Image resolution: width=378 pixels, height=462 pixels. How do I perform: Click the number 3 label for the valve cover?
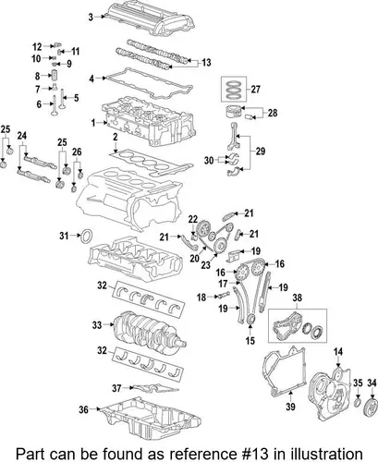[91, 18]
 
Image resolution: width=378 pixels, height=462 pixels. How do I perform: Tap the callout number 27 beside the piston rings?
[256, 90]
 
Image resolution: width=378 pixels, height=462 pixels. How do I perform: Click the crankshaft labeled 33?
[150, 331]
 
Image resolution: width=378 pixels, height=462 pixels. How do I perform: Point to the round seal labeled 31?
[86, 236]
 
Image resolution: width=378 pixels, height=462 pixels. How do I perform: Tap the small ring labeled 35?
[358, 402]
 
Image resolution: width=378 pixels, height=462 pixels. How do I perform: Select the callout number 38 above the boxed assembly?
[298, 298]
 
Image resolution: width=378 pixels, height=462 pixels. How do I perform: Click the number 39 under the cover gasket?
[290, 407]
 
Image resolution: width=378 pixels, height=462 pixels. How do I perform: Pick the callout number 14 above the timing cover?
[338, 351]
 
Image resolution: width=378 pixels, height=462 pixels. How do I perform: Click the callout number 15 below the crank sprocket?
[250, 340]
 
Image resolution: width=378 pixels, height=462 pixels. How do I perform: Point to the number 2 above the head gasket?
[115, 138]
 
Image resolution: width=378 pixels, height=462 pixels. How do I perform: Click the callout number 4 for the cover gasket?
[91, 79]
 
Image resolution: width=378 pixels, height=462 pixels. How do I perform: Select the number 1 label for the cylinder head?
[93, 123]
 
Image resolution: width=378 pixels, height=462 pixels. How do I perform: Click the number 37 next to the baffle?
[116, 388]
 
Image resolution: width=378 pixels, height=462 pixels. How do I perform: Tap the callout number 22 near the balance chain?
[193, 219]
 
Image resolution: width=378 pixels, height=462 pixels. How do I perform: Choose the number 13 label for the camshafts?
[206, 63]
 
